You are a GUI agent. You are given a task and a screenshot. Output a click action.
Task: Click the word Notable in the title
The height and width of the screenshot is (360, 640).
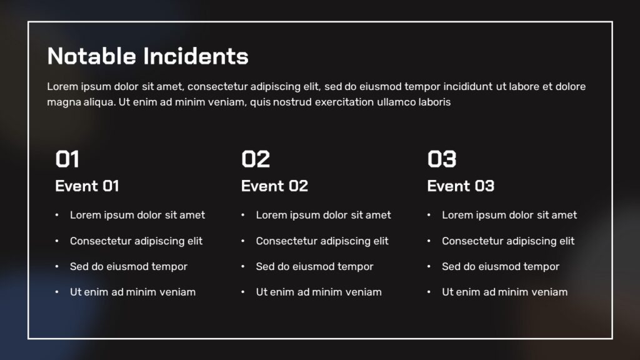click(x=92, y=56)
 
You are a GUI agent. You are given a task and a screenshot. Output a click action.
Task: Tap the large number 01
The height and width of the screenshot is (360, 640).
click(x=67, y=159)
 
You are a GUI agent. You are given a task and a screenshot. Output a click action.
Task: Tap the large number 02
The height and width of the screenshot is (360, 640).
click(x=256, y=159)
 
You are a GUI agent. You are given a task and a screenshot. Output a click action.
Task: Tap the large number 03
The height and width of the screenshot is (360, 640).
click(x=442, y=159)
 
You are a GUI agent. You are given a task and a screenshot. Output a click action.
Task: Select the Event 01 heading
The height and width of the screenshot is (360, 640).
click(x=87, y=186)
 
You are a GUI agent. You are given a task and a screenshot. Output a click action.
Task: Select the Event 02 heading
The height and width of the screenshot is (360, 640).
click(x=274, y=186)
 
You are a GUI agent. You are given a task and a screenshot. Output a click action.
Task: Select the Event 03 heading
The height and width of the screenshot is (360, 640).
click(x=461, y=186)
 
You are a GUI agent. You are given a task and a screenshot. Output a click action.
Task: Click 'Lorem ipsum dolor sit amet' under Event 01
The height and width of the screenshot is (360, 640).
click(x=137, y=215)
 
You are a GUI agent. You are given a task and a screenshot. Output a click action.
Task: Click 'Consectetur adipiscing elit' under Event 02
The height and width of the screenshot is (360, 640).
click(x=322, y=241)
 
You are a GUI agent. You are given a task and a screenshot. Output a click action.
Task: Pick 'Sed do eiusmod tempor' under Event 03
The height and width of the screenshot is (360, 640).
click(x=501, y=266)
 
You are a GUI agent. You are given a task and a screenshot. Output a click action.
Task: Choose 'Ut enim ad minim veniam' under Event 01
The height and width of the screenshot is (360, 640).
click(x=132, y=292)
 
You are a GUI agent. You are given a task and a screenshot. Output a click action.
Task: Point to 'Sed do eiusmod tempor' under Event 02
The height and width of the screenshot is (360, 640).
click(x=314, y=266)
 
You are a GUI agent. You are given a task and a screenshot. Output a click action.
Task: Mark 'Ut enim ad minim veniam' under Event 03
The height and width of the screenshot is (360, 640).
click(x=504, y=292)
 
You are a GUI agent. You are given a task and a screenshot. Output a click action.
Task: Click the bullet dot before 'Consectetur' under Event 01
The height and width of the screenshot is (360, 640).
click(x=57, y=241)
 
